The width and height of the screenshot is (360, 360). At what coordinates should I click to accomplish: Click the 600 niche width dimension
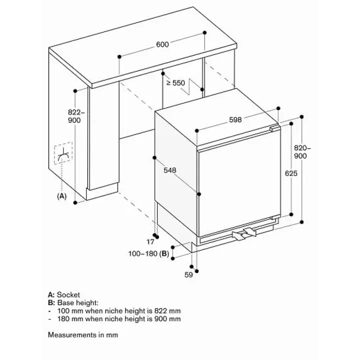pos(162,44)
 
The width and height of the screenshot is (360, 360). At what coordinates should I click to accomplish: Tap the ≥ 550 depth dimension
pos(175,83)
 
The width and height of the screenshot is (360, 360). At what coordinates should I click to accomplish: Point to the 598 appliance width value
pos(235,119)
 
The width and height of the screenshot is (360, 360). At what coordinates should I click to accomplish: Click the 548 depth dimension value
pos(170,170)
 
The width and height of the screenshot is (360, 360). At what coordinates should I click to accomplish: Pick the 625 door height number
pos(291,173)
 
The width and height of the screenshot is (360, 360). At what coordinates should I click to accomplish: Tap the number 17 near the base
pos(150,242)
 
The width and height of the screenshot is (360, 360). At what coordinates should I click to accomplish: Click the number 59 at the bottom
pos(188,275)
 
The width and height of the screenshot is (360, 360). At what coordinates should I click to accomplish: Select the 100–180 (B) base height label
pos(148,253)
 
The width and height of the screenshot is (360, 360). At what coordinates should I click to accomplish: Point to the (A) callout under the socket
pos(61,196)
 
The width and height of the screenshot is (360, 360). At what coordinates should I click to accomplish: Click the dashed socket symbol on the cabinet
pos(63,153)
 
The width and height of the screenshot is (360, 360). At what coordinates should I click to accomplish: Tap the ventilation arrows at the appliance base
pos(244,234)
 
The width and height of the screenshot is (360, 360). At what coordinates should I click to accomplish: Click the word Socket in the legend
pos(68,295)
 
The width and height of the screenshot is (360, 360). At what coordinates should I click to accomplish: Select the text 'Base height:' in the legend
pos(77,303)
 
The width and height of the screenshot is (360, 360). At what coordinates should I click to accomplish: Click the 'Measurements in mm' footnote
pos(83,335)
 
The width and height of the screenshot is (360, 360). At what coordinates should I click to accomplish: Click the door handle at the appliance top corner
pos(275,127)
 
